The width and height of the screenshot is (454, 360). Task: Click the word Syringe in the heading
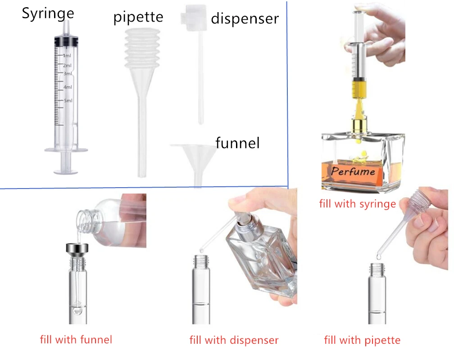pyautogui.click(x=48, y=14)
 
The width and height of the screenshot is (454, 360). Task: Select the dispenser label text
pyautogui.click(x=245, y=19)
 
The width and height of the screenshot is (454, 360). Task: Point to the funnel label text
pyautogui.click(x=237, y=143)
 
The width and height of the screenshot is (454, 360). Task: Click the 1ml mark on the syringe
pyautogui.click(x=67, y=55)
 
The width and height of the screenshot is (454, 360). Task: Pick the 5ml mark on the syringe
pyautogui.click(x=68, y=101)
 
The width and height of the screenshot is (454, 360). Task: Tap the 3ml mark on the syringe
pyautogui.click(x=68, y=74)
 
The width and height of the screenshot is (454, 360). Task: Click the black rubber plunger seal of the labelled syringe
pyautogui.click(x=66, y=42)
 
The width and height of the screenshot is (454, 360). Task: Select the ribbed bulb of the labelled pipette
pyautogui.click(x=142, y=48)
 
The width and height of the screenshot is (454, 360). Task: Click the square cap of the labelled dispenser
pyautogui.click(x=193, y=18)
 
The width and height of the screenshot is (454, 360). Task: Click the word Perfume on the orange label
pyautogui.click(x=353, y=171)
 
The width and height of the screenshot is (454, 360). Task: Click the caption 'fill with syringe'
pyautogui.click(x=358, y=204)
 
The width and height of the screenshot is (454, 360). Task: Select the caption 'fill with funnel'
pyautogui.click(x=76, y=339)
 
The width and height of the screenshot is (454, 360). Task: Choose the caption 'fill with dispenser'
pyautogui.click(x=234, y=340)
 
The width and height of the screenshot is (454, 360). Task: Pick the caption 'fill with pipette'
pyautogui.click(x=362, y=340)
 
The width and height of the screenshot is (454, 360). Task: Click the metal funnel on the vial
pyautogui.click(x=77, y=248)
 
